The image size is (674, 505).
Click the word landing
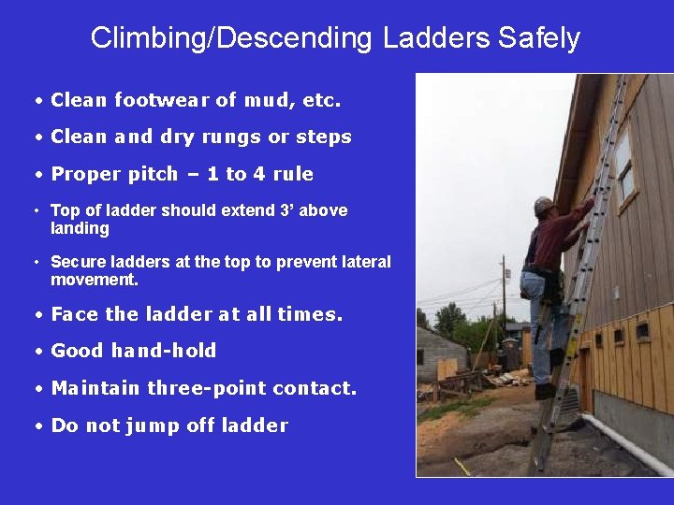click(x=80, y=228)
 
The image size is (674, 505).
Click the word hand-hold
click(x=164, y=351)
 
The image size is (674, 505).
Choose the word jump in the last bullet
click(x=145, y=426)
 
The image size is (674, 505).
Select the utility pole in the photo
click(x=503, y=290)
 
